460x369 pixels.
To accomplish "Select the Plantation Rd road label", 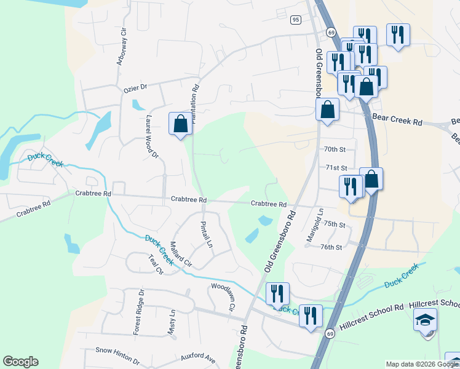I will coord(196,105).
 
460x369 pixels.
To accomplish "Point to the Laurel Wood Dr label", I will coord(152,138).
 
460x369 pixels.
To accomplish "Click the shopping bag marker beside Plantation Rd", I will coord(180,124).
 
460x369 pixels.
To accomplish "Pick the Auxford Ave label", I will coord(197,357).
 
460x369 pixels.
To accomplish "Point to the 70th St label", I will coord(335,149).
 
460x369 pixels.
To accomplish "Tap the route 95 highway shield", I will coord(296,20).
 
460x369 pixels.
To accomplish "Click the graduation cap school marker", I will coord(425,322).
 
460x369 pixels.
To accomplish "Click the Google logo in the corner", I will coord(20,362).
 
